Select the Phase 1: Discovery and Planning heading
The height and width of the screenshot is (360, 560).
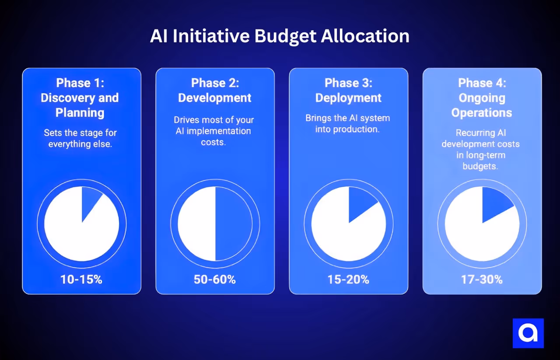[x=80, y=98]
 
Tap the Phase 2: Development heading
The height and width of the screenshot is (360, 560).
[x=215, y=90]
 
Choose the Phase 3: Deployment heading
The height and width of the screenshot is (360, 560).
[x=348, y=90]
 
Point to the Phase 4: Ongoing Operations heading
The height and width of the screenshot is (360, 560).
[x=482, y=98]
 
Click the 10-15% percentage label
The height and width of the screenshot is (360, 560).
[x=81, y=280]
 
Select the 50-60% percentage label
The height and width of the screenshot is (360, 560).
[x=215, y=280]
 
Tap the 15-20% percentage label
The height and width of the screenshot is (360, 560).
[x=349, y=280]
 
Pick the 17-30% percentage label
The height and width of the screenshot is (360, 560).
[x=482, y=280]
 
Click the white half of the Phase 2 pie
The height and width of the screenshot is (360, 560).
[x=197, y=224]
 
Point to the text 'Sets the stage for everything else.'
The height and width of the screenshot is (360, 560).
[x=80, y=138]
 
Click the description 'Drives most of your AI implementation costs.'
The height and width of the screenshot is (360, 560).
[x=213, y=131]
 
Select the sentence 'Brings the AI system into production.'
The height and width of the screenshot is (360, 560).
[x=348, y=123]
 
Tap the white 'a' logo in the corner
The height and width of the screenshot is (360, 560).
[x=528, y=333]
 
